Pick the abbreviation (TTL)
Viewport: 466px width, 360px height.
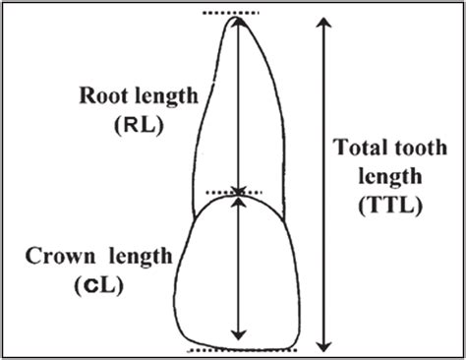[389, 207]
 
